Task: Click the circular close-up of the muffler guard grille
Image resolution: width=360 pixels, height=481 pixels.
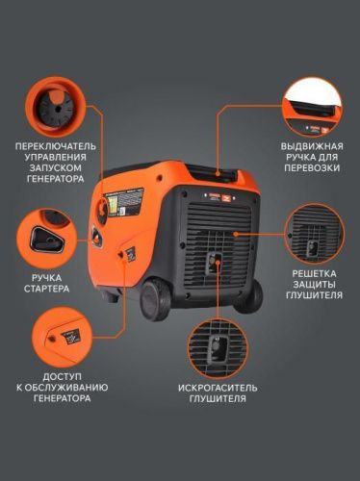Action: coord(315,233)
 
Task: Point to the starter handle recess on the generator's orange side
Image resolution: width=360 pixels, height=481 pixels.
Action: coord(97,236)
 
